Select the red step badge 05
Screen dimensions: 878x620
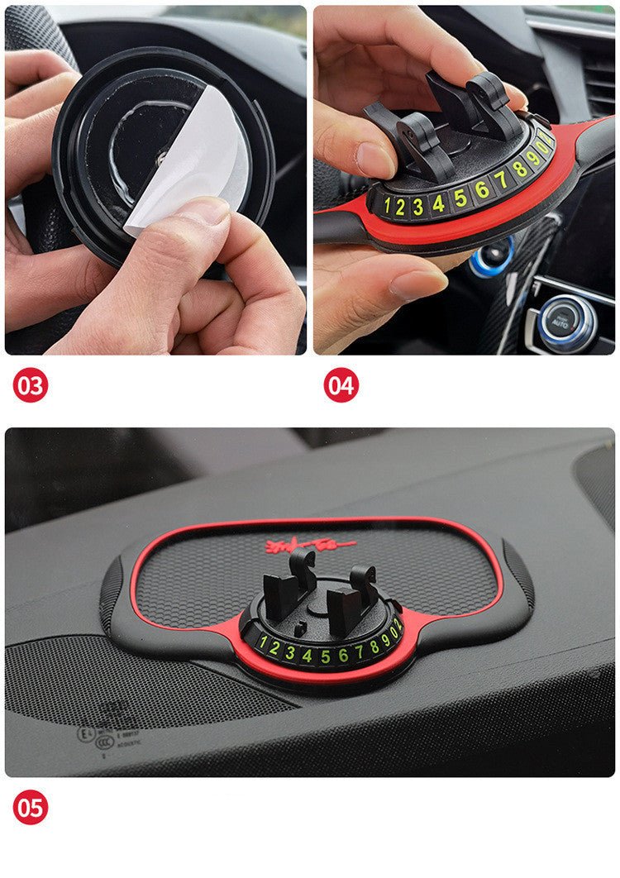[x=31, y=807]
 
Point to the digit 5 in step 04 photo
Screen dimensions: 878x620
[x=460, y=198]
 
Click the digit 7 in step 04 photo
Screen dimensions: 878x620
[x=501, y=179]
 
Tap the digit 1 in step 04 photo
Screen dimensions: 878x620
[x=387, y=207]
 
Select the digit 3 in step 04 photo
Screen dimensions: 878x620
[x=419, y=206]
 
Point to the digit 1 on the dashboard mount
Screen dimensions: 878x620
[x=263, y=642]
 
